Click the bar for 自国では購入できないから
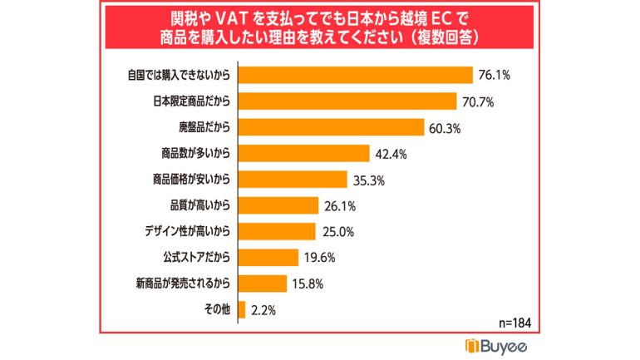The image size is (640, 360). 355,75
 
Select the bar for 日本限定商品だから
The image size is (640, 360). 347,101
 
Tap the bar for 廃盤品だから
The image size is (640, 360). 331,127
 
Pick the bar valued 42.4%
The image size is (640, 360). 303,153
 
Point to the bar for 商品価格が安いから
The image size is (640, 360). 292,179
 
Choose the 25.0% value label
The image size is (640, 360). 337,231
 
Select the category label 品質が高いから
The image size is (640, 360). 194,205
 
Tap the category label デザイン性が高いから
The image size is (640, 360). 183,231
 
